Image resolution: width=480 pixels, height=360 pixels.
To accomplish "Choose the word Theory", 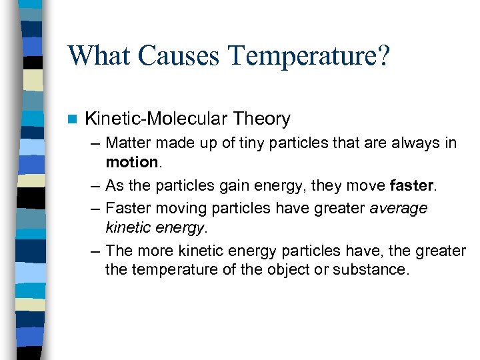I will tap(262, 119).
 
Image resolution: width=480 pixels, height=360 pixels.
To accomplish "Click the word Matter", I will tap(128, 143).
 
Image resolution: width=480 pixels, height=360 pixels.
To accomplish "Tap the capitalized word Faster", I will tap(128, 209).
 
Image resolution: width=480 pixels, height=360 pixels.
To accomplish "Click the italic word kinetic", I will tap(127, 229).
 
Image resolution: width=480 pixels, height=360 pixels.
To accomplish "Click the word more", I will tap(155, 251).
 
